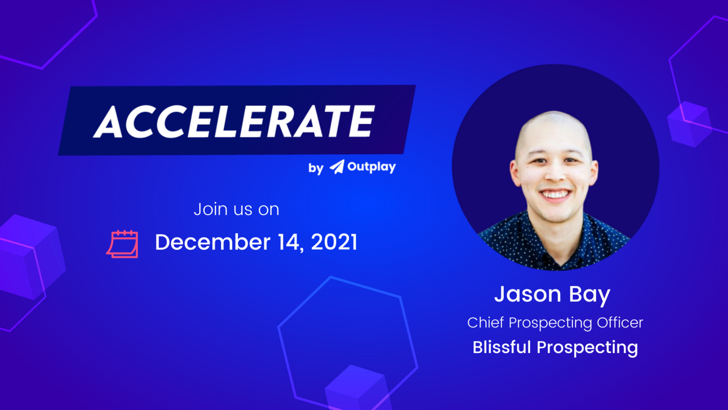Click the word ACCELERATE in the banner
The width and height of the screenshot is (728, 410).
[234, 121]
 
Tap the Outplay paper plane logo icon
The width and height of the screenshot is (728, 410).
[337, 167]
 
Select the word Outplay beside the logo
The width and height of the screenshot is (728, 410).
[371, 167]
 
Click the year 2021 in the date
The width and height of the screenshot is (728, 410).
[334, 242]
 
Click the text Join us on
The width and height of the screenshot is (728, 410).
[236, 209]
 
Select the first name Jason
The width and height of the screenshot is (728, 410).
[527, 294]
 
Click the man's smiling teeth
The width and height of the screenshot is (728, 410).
[556, 195]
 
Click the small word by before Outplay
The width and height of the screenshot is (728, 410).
[315, 168]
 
